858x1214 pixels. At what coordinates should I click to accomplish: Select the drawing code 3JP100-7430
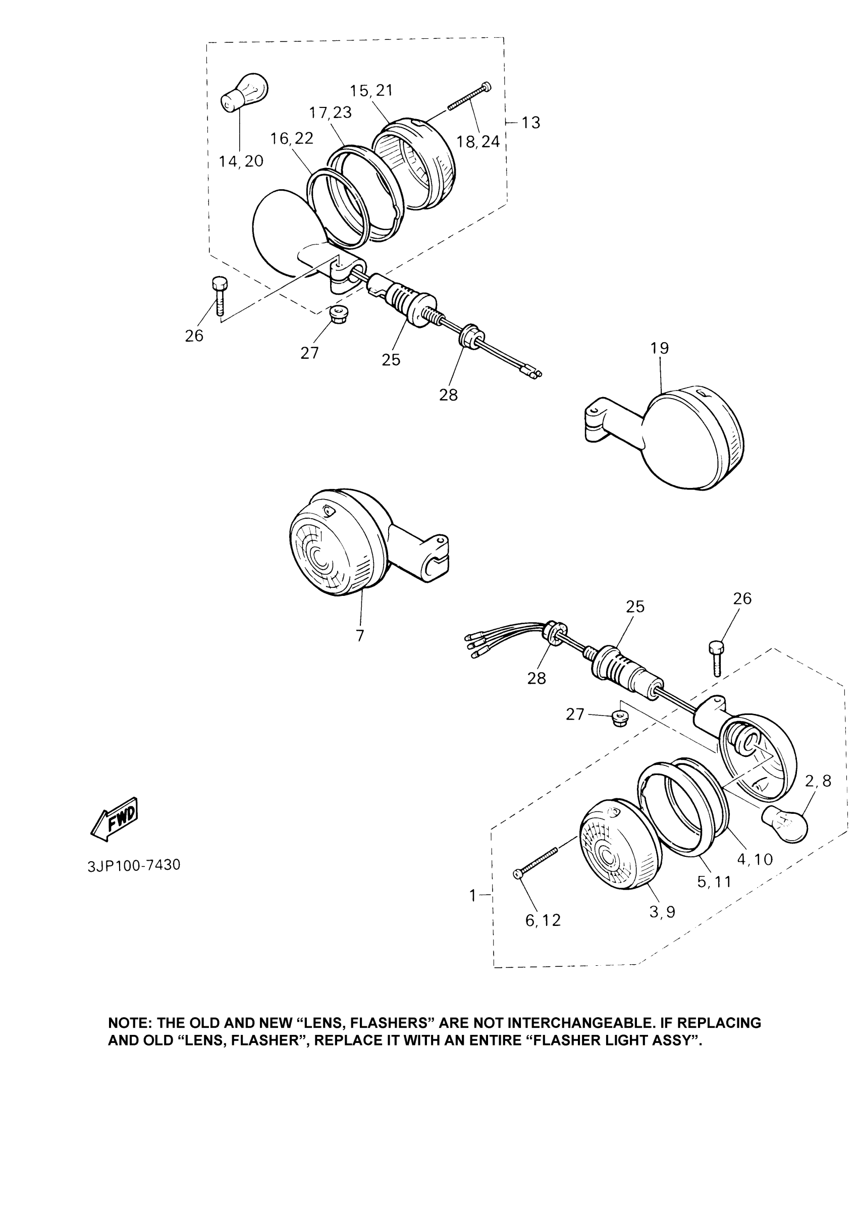pyautogui.click(x=134, y=865)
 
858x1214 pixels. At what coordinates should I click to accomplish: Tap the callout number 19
pyautogui.click(x=660, y=348)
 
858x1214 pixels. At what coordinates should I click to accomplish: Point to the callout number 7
pyautogui.click(x=360, y=636)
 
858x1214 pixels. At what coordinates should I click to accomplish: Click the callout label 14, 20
pyautogui.click(x=241, y=161)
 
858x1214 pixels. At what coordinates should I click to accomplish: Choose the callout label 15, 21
pyautogui.click(x=371, y=90)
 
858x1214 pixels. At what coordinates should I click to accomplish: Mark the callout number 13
pyautogui.click(x=530, y=123)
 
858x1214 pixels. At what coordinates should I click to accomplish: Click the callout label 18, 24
pyautogui.click(x=478, y=142)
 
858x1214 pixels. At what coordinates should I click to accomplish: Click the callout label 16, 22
pyautogui.click(x=292, y=139)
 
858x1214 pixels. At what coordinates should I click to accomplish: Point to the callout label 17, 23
pyautogui.click(x=331, y=112)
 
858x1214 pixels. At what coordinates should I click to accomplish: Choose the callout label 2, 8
pyautogui.click(x=818, y=781)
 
